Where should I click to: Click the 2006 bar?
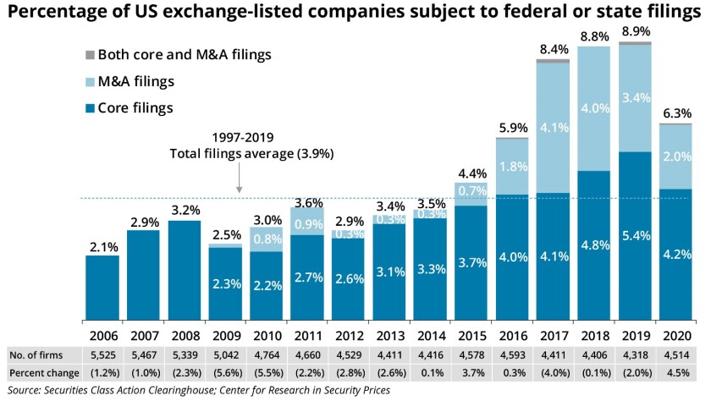coord(102,288)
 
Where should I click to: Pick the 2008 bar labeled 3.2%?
coord(185,271)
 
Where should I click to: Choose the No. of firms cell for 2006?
coord(102,354)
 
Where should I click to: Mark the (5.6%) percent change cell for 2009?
coord(224,373)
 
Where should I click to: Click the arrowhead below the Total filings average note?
coord(240,190)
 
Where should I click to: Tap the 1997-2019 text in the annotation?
coord(214,138)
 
